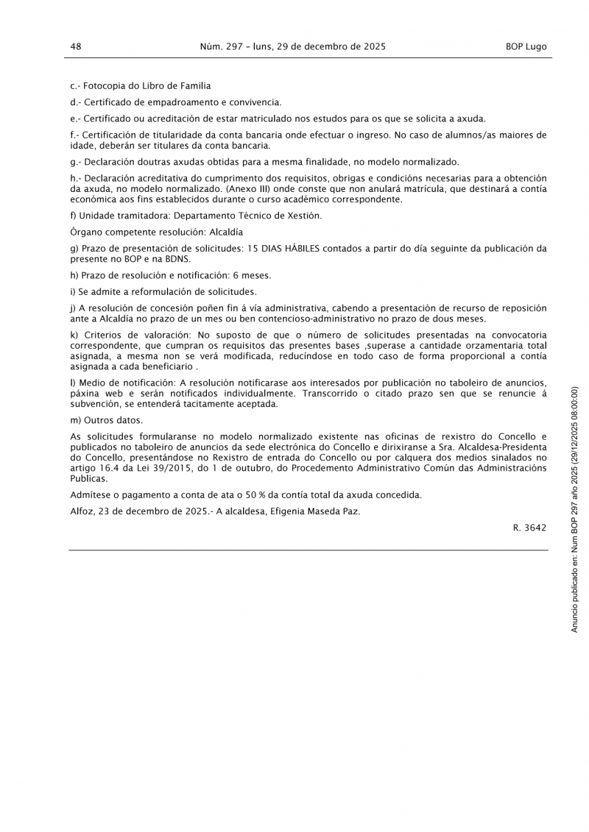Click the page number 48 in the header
(75, 46)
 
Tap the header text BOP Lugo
(526, 46)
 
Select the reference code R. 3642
(530, 527)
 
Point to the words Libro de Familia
(175, 86)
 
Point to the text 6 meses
(255, 275)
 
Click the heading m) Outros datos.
(106, 420)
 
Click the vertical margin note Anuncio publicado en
(576, 589)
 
